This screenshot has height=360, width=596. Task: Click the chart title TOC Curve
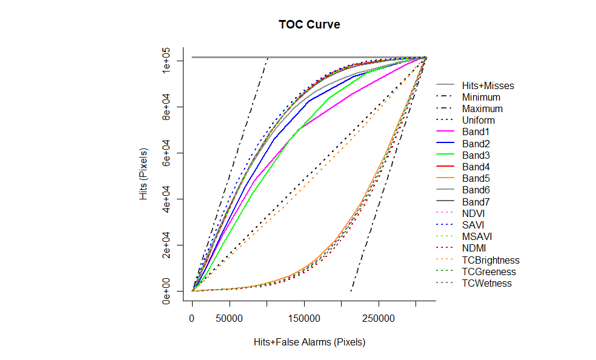309,25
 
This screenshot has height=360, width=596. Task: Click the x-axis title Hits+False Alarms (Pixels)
310,342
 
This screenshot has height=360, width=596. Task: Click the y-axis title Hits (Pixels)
144,174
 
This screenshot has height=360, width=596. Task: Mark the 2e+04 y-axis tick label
165,245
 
